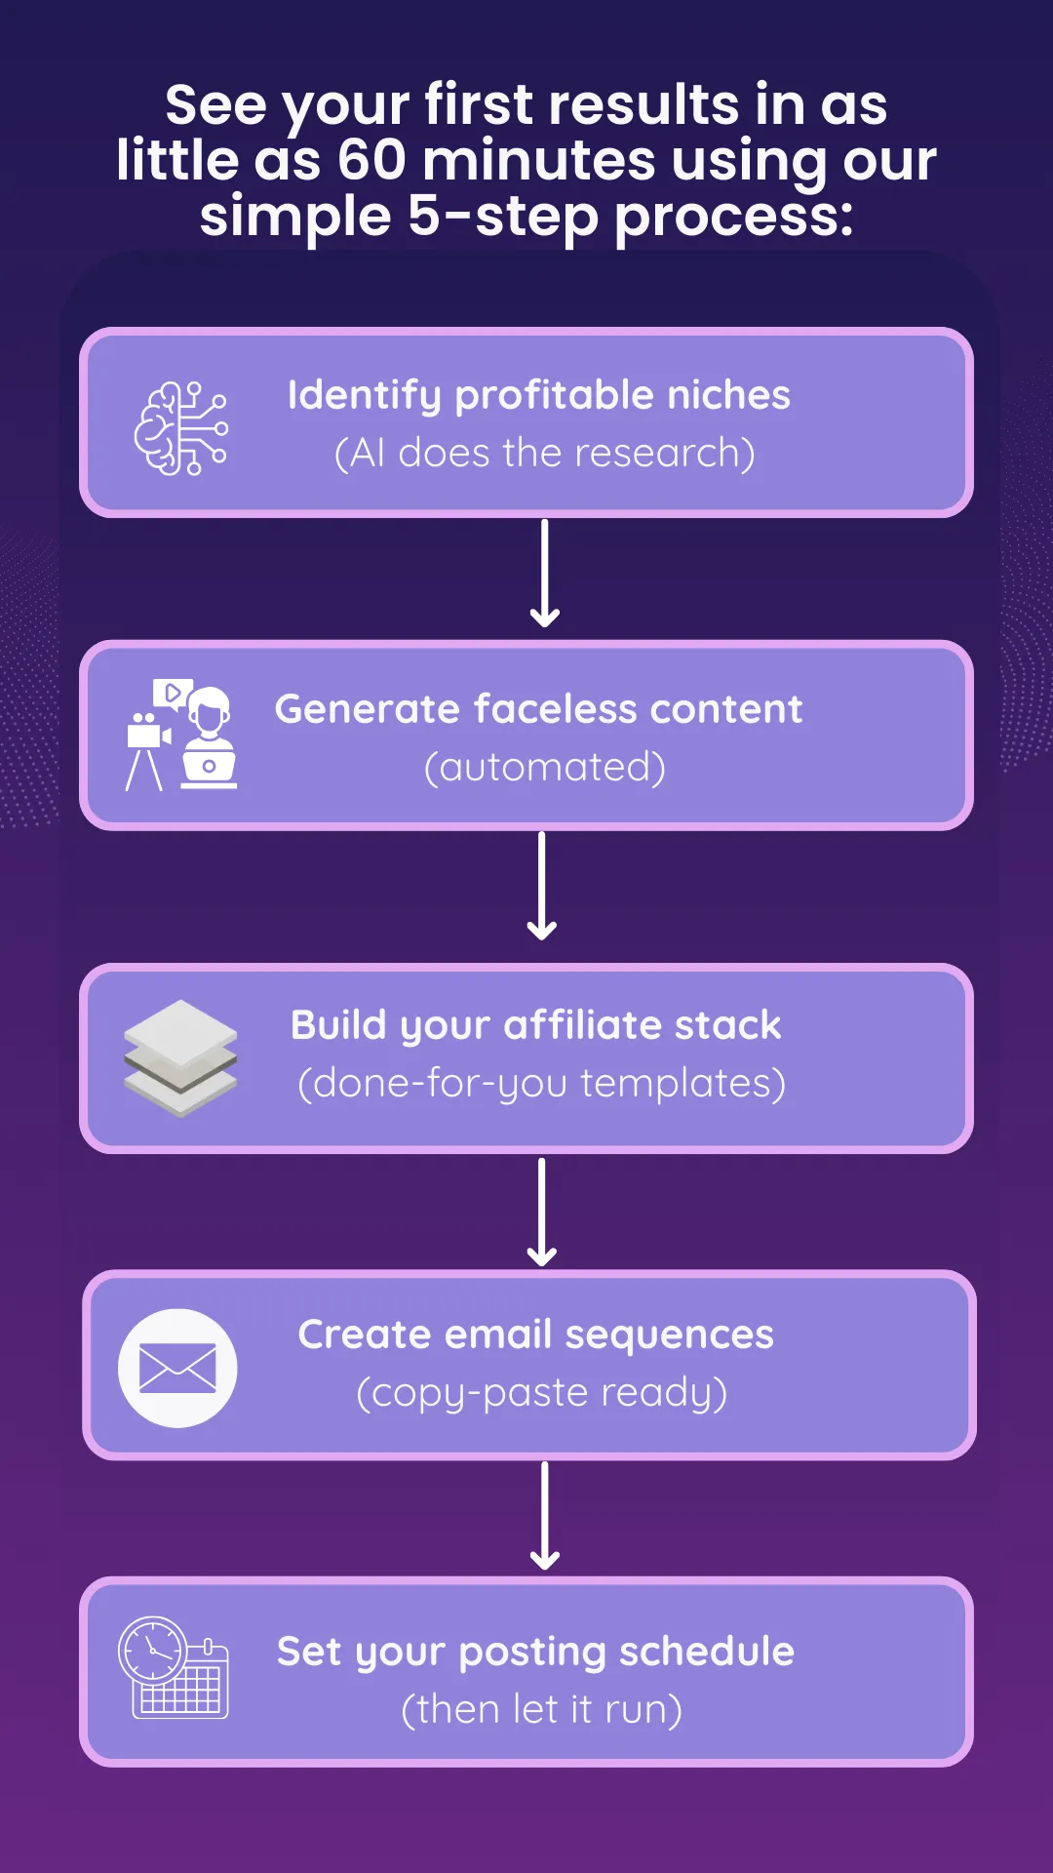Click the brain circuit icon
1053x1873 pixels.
[181, 428]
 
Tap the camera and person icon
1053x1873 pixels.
[181, 735]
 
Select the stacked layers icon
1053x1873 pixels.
[181, 1058]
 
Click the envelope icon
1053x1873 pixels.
[177, 1368]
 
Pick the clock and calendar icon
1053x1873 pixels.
[174, 1668]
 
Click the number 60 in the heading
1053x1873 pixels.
[371, 160]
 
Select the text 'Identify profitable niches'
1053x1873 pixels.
[538, 395]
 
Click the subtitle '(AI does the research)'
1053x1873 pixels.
[544, 454]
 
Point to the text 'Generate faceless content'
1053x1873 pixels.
[538, 709]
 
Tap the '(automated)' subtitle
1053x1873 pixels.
[544, 768]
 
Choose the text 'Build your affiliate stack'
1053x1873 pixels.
[536, 1025]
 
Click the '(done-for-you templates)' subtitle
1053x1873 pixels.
[541, 1084]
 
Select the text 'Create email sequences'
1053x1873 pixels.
[536, 1335]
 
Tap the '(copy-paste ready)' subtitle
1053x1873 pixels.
[541, 1393]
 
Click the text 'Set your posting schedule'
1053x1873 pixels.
[535, 1652]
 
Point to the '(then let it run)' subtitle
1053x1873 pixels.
[541, 1710]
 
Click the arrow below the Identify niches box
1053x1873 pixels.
[545, 574]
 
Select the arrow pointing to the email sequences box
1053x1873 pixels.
[542, 1212]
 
